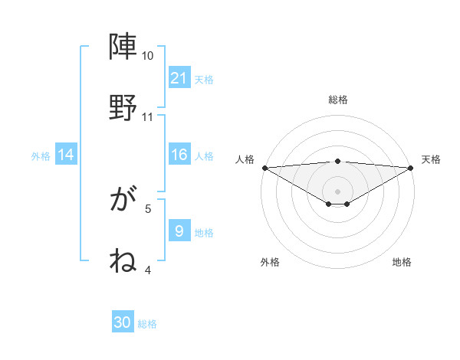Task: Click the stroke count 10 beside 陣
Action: coord(147,57)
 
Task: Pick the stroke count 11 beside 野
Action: coord(147,117)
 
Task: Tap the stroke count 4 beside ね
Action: coord(148,270)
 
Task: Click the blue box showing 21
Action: coord(179,78)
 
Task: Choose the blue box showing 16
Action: coord(179,155)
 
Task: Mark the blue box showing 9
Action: coord(179,231)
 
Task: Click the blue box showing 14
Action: coord(66,155)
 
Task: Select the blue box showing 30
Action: coord(123,323)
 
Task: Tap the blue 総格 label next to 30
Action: coord(147,324)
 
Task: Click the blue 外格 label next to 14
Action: coord(41,155)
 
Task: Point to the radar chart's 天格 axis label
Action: coord(432,159)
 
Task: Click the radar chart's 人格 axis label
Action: coord(245,159)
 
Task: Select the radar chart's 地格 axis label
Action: coord(402,262)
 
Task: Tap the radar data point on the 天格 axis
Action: coord(411,168)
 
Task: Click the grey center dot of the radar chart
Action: coord(338,191)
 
